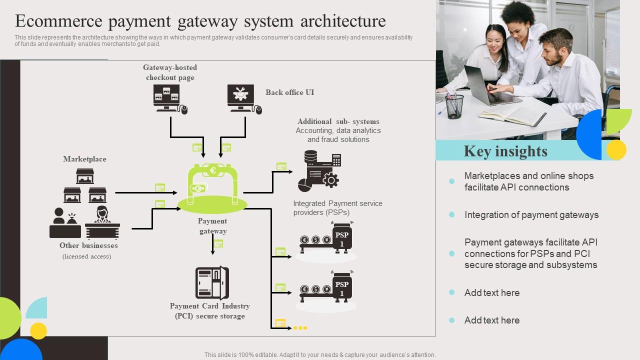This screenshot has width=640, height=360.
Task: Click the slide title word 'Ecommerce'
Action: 63,21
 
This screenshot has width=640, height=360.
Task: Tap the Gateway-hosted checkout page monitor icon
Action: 168,98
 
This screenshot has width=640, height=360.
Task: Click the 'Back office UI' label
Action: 289,92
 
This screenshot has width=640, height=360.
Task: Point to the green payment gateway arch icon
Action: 212,185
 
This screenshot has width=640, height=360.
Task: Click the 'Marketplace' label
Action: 84,159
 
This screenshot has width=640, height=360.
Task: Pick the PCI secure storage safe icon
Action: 211,283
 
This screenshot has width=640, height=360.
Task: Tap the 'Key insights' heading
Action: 505,151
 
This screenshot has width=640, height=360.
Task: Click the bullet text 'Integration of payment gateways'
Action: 531,215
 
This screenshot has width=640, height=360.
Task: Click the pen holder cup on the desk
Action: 454,106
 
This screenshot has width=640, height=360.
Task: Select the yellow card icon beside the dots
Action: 280,323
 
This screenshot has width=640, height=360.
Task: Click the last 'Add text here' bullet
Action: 491,320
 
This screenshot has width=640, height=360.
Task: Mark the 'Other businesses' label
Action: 88,245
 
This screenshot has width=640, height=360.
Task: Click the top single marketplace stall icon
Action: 85,176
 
